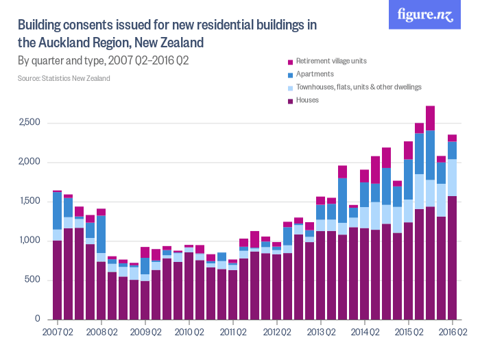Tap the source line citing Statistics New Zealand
click(64, 78)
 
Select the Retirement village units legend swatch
click(291, 61)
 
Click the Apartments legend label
click(315, 74)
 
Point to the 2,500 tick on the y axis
click(32, 123)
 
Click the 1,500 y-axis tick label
click(32, 202)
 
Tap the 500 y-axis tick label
click(35, 280)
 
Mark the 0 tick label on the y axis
click(39, 320)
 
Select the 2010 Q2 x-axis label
click(189, 333)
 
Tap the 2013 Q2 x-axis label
click(320, 333)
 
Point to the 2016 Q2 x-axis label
click(451, 333)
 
